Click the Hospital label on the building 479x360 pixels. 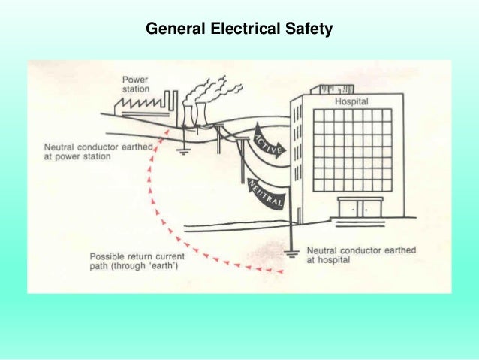click(352, 101)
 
